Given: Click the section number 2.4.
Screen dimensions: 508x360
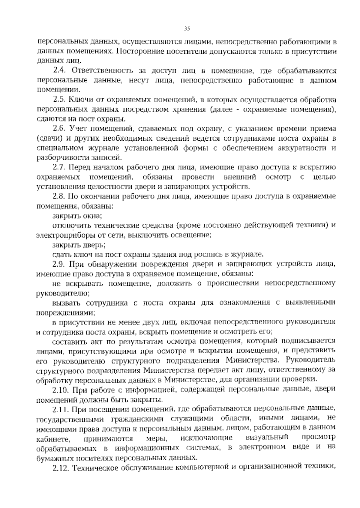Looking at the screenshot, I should pyautogui.click(x=59, y=71).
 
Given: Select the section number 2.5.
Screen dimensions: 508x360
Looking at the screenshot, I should pyautogui.click(x=59, y=100).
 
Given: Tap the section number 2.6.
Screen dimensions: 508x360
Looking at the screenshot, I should pyautogui.click(x=59, y=129).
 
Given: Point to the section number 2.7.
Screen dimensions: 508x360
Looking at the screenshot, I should pyautogui.click(x=59, y=167).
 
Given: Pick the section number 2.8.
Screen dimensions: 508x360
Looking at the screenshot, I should pyautogui.click(x=59, y=196).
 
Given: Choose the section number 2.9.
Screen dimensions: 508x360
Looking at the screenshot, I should pyautogui.click(x=59, y=264).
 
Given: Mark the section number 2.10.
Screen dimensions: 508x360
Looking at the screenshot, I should pyautogui.click(x=60, y=390).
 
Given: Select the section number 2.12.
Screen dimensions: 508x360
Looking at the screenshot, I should pyautogui.click(x=60, y=468).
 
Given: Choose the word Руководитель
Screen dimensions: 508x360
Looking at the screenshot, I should pyautogui.click(x=311, y=360).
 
